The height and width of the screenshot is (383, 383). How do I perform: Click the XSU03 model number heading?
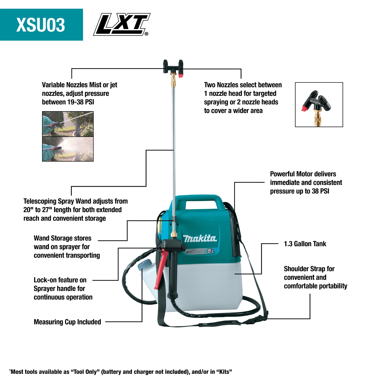point(41,25)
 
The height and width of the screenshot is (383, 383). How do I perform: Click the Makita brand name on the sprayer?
point(200,238)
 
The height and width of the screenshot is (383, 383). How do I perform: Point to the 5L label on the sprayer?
point(211,251)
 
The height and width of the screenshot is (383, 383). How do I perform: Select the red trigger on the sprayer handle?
point(161,268)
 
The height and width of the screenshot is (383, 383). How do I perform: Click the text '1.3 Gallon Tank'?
point(305,244)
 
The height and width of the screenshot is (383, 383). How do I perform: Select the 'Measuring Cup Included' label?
point(67,322)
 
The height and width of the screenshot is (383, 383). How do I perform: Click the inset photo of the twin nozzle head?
point(319,104)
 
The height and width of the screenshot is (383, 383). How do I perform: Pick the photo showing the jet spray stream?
point(68,124)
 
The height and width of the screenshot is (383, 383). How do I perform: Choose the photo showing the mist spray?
point(68,149)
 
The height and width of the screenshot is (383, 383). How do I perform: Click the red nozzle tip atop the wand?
point(181,75)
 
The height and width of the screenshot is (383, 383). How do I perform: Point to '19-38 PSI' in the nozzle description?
point(80,102)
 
